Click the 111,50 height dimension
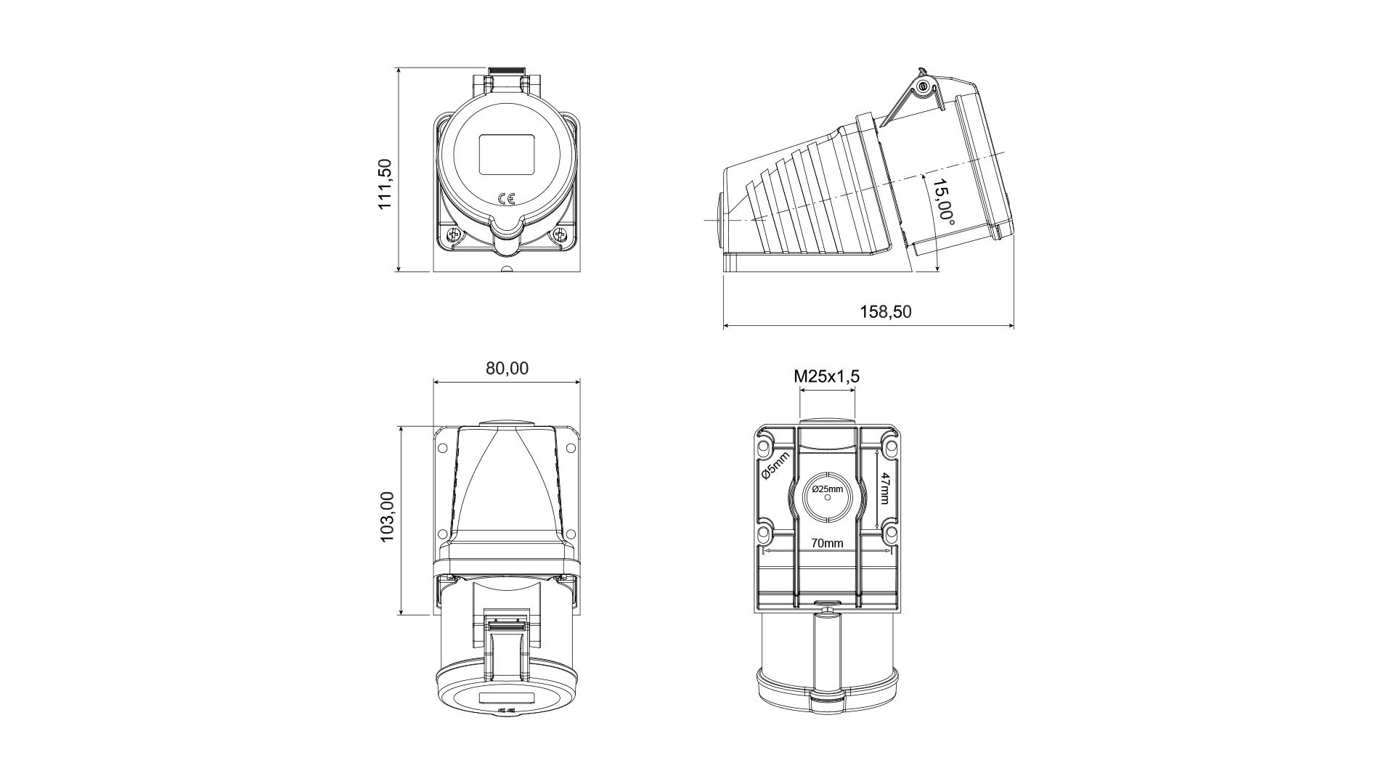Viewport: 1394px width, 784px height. coord(385,184)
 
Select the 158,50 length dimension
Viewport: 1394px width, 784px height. coord(886,312)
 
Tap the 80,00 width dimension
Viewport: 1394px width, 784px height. coord(507,369)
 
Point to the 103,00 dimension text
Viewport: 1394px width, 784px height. coord(386,516)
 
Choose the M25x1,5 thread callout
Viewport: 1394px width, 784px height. coord(827,376)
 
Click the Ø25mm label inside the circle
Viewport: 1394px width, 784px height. coord(828,489)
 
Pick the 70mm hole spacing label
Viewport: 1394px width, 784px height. coord(827,543)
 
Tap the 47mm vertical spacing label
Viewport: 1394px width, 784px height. coord(884,488)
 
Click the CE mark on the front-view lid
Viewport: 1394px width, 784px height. coord(507,198)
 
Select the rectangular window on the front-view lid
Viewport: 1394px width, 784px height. coord(507,153)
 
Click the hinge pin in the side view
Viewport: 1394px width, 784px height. coord(923,88)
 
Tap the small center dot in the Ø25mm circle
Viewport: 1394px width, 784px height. coord(828,498)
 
